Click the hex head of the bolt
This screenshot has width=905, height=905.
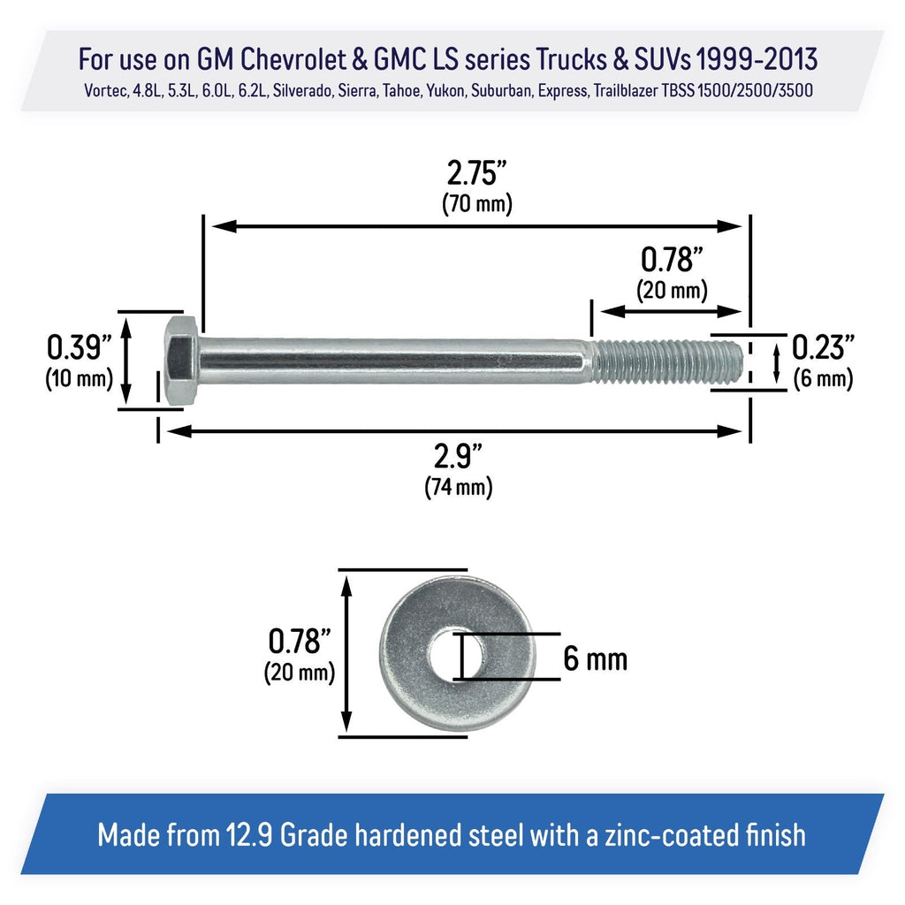(182, 361)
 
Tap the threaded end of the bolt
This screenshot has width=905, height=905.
(666, 361)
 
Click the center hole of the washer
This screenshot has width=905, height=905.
(457, 657)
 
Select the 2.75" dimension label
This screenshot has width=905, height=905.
(476, 172)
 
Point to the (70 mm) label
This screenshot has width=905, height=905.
(476, 204)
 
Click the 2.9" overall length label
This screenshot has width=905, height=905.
(459, 457)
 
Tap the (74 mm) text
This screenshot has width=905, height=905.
(459, 487)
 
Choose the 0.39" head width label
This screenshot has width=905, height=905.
(79, 347)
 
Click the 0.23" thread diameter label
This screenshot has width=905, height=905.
(823, 347)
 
